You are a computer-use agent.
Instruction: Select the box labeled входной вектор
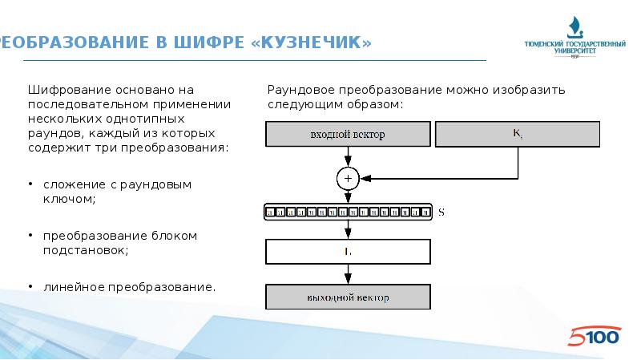click(347, 135)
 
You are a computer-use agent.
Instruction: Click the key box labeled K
click(517, 135)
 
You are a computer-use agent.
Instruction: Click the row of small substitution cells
click(348, 212)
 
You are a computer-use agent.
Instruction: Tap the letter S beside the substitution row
click(441, 212)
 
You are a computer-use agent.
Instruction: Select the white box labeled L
click(348, 253)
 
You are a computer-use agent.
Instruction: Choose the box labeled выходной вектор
click(348, 297)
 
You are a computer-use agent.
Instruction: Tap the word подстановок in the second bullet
click(85, 250)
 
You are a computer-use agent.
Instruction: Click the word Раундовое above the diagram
click(300, 90)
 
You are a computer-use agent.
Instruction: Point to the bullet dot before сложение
click(31, 184)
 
